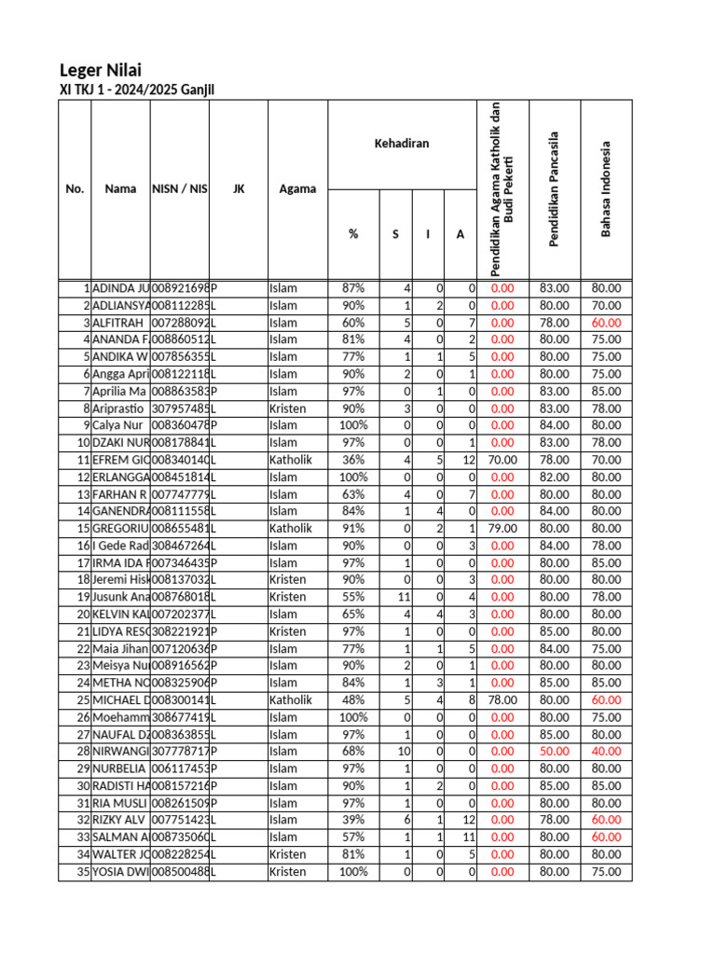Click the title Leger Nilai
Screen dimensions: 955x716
(101, 70)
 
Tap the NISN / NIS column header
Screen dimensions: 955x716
(180, 189)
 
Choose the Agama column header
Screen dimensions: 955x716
(297, 189)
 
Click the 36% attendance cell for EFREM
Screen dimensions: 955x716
(352, 460)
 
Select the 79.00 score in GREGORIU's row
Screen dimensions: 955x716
(502, 528)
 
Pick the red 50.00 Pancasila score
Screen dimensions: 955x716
(554, 752)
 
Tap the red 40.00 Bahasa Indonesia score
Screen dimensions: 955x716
(605, 752)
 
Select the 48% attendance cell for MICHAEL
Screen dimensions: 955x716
(352, 700)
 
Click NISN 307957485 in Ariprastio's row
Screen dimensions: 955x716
(179, 408)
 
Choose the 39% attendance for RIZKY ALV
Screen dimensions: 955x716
(352, 821)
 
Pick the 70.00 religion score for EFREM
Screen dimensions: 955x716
(502, 460)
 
